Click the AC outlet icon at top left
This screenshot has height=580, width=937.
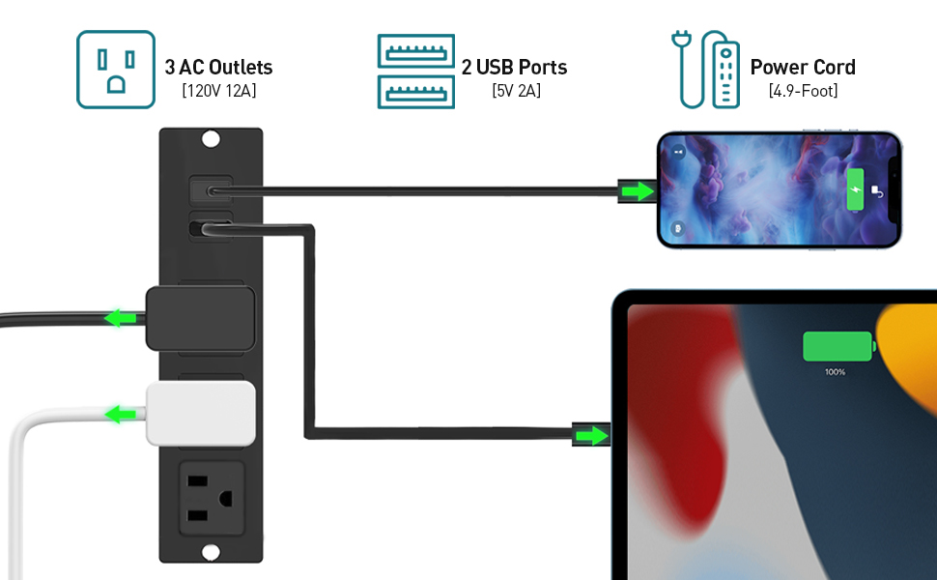(x=116, y=70)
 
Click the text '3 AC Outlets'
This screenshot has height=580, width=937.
(x=218, y=68)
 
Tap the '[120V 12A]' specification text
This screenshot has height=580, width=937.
(x=218, y=91)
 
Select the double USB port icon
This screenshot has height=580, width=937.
(x=415, y=70)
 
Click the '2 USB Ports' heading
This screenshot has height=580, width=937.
(x=514, y=68)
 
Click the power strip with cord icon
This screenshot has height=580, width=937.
(x=705, y=70)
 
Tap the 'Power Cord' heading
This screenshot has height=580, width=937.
(x=803, y=68)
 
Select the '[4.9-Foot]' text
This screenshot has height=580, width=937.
(x=803, y=91)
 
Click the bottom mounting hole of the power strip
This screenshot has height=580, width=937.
(x=211, y=551)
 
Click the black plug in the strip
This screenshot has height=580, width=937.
(x=201, y=317)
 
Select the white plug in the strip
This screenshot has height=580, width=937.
(x=202, y=414)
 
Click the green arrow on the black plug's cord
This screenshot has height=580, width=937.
(x=120, y=317)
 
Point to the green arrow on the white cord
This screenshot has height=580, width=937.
(x=120, y=415)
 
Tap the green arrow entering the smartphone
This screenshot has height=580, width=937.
(x=637, y=191)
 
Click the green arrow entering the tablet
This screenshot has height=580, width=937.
(x=588, y=436)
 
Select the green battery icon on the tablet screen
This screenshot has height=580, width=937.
(x=838, y=346)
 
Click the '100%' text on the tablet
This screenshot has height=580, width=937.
(x=835, y=372)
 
